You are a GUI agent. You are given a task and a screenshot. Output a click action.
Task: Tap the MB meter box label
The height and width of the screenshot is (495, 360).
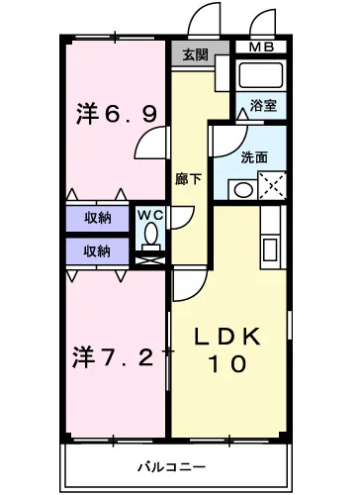[261, 47]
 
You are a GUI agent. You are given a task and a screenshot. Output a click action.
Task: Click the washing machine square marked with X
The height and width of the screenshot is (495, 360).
[273, 185]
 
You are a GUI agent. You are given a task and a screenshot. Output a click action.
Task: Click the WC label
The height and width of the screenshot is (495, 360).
[148, 213]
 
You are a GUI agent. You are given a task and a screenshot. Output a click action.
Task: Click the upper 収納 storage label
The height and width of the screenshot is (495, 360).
[96, 218]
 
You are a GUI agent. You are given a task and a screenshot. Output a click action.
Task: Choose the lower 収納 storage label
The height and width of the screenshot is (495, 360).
[96, 249]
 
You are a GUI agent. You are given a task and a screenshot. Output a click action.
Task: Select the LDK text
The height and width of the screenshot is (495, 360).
[227, 337]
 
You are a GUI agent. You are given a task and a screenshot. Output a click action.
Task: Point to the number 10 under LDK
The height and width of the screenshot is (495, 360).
[227, 364]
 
